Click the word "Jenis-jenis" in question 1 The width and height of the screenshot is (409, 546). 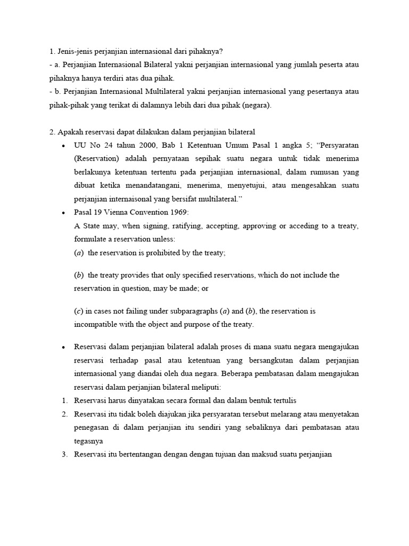74,51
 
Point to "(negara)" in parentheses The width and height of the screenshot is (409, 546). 258,105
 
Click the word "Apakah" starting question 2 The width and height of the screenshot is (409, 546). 69,132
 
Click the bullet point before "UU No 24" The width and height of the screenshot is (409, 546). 63,146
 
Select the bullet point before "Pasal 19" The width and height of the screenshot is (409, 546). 63,212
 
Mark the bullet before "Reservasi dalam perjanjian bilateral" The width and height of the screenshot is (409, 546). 63,347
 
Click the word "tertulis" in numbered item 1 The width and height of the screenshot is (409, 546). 282,400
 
